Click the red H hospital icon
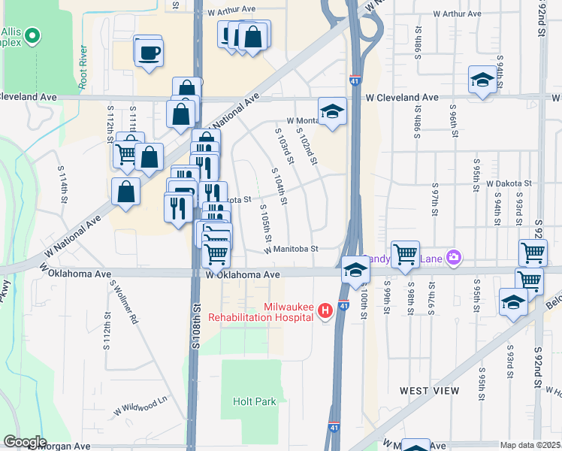[325, 310]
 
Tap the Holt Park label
[254, 401]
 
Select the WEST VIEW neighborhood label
[429, 391]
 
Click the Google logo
[24, 442]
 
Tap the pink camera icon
[453, 258]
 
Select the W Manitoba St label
[292, 249]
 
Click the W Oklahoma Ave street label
[243, 275]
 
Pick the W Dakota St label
[509, 183]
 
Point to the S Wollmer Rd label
[124, 302]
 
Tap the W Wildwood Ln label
[140, 407]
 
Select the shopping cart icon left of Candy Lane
[406, 254]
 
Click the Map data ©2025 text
[530, 445]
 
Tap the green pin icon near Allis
[32, 35]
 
